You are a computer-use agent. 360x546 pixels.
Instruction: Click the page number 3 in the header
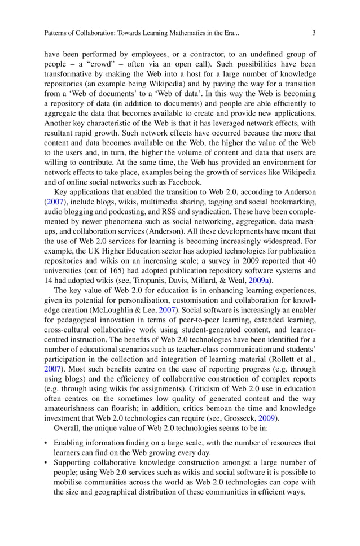click(x=314, y=33)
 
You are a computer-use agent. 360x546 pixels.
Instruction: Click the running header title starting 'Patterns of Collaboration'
click(x=142, y=33)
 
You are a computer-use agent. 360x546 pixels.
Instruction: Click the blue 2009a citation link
click(x=260, y=281)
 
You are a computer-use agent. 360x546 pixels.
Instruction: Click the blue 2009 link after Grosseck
click(x=267, y=419)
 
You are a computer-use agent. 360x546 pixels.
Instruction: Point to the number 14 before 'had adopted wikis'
click(x=49, y=281)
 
